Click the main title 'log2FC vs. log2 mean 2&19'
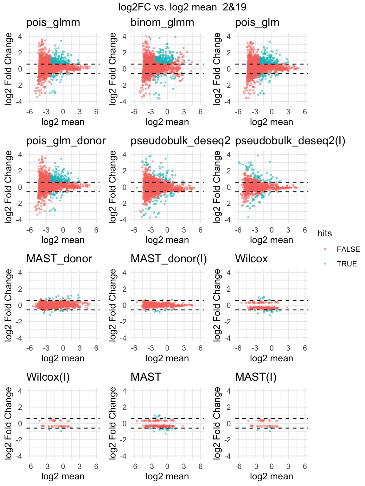(x=182, y=7)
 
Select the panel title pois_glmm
(x=53, y=23)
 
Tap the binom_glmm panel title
(x=162, y=23)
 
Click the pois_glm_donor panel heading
(x=66, y=141)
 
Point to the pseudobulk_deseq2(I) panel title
(x=290, y=141)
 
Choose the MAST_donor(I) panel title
(x=169, y=259)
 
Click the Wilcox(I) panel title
(x=48, y=377)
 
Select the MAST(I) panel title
(x=256, y=377)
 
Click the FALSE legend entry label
(x=348, y=249)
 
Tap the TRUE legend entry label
(x=347, y=264)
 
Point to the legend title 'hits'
(x=325, y=234)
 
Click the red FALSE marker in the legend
(x=325, y=249)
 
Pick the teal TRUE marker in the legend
(x=325, y=264)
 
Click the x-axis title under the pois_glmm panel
(x=63, y=122)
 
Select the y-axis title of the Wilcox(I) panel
(x=8, y=423)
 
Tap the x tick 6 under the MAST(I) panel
(x=305, y=466)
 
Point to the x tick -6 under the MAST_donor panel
(x=29, y=348)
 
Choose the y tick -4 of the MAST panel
(x=124, y=456)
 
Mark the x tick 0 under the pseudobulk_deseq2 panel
(x=167, y=230)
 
